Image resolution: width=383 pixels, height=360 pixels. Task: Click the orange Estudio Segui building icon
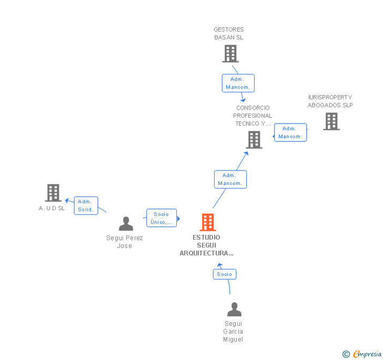(208, 222)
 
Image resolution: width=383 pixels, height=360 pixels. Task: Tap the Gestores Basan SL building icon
(230, 54)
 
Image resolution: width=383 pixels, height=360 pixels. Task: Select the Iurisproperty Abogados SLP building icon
(331, 121)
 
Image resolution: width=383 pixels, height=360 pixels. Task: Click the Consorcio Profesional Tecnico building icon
(254, 140)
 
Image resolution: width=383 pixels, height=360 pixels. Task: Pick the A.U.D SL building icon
(53, 193)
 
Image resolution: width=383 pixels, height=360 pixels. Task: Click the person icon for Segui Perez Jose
(126, 224)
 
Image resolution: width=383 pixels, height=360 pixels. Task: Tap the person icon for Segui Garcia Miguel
(234, 310)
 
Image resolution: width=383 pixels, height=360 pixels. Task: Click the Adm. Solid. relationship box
(85, 205)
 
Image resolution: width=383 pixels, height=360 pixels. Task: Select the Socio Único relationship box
(162, 218)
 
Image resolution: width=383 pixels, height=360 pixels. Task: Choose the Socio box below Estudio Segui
(224, 274)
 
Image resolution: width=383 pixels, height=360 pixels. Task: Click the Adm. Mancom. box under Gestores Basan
(238, 83)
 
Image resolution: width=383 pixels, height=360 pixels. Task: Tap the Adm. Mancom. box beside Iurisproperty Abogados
(290, 132)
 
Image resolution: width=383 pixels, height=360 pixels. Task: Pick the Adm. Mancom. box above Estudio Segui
(230, 179)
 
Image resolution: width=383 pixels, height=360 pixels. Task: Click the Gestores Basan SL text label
(229, 34)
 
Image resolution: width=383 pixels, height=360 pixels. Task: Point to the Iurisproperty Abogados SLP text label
(330, 101)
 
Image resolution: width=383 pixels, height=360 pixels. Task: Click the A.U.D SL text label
(52, 208)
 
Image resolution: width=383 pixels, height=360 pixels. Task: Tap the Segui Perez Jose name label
(125, 242)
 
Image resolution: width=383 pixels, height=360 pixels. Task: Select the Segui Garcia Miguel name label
(233, 332)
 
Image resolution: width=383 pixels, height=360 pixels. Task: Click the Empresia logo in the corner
(362, 354)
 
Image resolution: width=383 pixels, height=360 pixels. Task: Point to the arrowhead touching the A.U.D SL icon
(67, 200)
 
